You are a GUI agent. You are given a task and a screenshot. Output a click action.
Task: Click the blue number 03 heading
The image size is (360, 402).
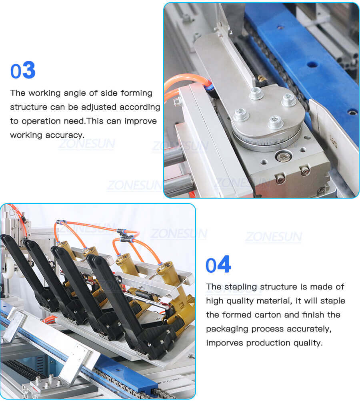[x=23, y=70]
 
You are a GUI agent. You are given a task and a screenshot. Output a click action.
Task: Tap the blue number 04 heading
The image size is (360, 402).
[x=218, y=265]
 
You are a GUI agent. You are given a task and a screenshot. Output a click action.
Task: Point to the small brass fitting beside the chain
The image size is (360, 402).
[x=262, y=78]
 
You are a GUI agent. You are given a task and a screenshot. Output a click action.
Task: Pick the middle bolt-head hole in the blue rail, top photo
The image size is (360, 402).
[x=313, y=64]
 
